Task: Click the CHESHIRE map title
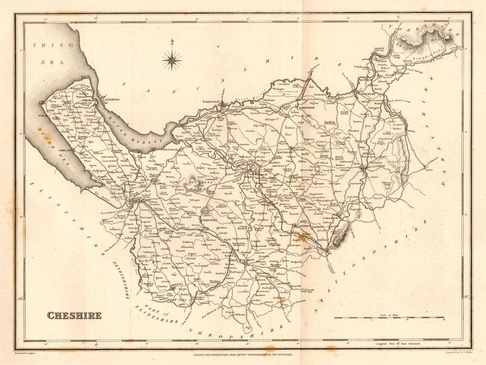(x=74, y=315)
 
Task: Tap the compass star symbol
(x=172, y=60)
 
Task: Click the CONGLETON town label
(x=344, y=218)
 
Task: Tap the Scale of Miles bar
(x=389, y=318)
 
